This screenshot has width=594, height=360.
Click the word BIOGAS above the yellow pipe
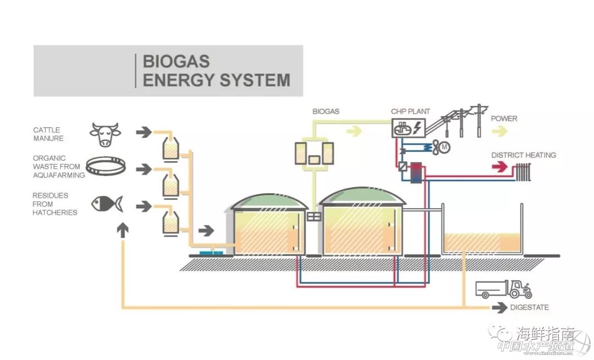[326, 112]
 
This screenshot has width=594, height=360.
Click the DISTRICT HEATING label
[523, 155]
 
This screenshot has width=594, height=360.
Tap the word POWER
[504, 118]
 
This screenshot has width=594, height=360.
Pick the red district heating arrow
[498, 167]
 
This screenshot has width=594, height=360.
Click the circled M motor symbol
[446, 147]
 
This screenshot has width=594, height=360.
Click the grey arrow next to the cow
[144, 132]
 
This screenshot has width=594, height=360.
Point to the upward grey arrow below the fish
[123, 230]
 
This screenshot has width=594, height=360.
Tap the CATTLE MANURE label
[48, 134]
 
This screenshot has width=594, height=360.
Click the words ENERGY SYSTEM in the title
[216, 80]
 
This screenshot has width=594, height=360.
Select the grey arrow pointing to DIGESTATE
[499, 308]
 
